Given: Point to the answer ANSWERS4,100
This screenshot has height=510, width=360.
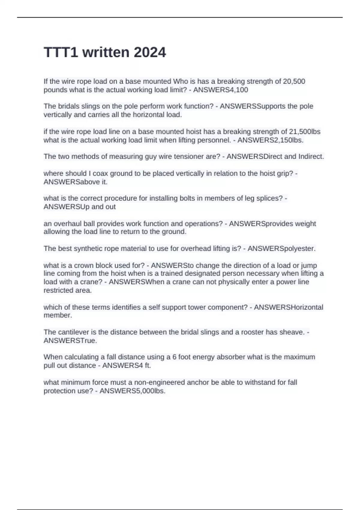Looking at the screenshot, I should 220,90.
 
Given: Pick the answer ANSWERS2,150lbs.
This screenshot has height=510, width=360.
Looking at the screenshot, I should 270,140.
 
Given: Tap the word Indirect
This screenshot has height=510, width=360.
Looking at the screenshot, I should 311,156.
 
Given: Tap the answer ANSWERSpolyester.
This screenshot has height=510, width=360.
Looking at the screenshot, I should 281,248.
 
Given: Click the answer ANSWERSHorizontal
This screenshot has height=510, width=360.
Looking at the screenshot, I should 288,307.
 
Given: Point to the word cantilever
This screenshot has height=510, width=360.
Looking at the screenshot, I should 73,332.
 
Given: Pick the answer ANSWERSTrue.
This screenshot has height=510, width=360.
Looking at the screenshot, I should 70,340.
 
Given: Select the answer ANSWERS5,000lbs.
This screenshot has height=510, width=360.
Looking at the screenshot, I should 132,391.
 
